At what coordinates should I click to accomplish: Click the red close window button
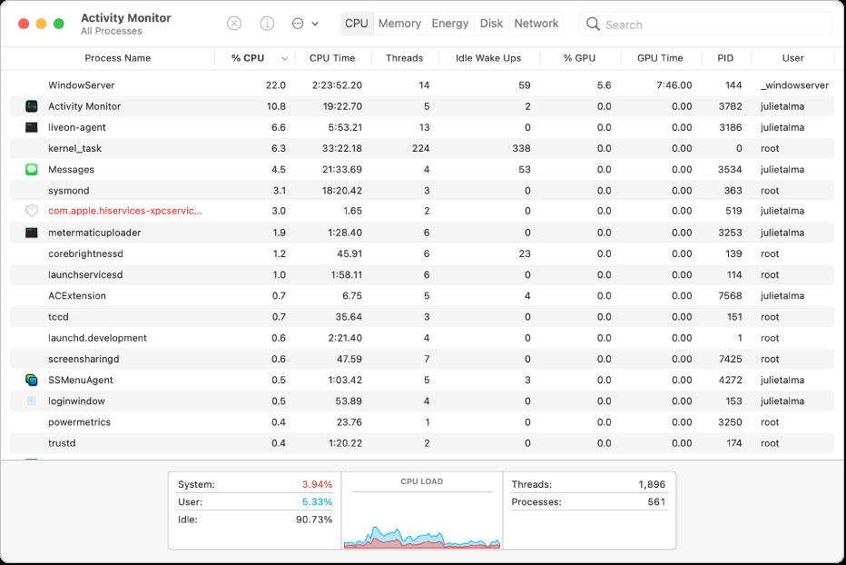23,24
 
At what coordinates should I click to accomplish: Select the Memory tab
399,24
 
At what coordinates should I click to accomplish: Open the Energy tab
450,24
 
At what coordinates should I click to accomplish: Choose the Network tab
536,24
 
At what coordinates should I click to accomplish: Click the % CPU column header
248,58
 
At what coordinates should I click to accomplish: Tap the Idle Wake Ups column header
488,58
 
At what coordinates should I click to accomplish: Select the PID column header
725,58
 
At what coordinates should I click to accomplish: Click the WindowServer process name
82,85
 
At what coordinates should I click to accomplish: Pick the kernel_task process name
74,148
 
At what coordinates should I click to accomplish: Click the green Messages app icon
31,170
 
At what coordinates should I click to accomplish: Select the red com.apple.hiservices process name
125,211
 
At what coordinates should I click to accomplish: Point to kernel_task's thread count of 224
419,148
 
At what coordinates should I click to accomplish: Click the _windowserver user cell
794,85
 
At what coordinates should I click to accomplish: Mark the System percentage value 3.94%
317,485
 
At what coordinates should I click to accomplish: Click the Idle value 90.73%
314,520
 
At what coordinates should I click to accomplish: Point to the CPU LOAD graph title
422,481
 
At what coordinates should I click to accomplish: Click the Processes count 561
655,502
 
